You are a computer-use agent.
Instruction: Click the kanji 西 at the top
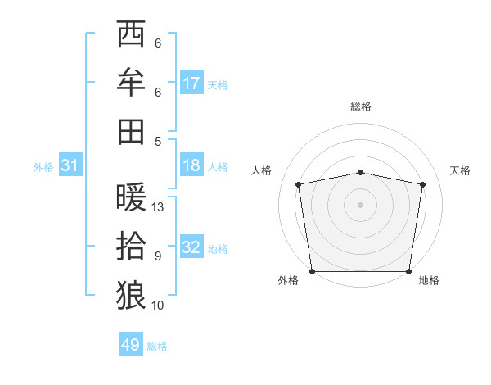(131, 34)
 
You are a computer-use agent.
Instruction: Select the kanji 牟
(131, 82)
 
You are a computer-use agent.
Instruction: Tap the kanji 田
(131, 131)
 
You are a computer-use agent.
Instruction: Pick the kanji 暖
(131, 197)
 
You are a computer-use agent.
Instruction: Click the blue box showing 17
(191, 84)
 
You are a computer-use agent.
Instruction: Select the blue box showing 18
(191, 165)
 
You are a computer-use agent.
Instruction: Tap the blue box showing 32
(191, 247)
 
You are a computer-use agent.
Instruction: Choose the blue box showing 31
(70, 166)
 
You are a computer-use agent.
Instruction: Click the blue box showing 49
(130, 345)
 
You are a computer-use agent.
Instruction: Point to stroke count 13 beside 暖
(158, 207)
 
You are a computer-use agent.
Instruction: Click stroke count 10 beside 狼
(158, 306)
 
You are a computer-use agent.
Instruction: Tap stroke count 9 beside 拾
(158, 256)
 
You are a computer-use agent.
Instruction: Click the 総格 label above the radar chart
(361, 106)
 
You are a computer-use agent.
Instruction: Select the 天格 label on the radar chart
(460, 170)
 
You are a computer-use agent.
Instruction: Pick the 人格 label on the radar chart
(261, 170)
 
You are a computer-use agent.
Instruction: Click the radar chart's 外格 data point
(312, 271)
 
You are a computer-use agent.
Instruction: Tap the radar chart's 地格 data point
(409, 271)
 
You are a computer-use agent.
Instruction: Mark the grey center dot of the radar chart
(361, 204)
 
